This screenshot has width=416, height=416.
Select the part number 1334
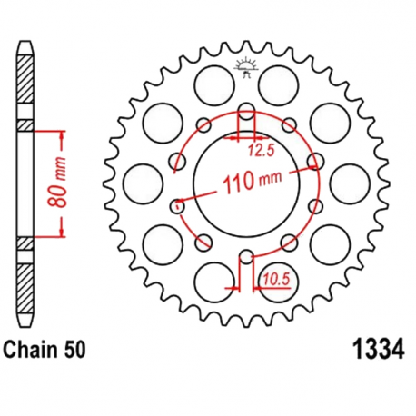[375, 349]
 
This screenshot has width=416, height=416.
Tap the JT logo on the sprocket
[244, 68]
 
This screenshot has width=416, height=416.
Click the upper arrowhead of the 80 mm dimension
[62, 134]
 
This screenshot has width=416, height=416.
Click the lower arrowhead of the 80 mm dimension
[62, 233]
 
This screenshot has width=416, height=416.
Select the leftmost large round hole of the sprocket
[139, 178]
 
